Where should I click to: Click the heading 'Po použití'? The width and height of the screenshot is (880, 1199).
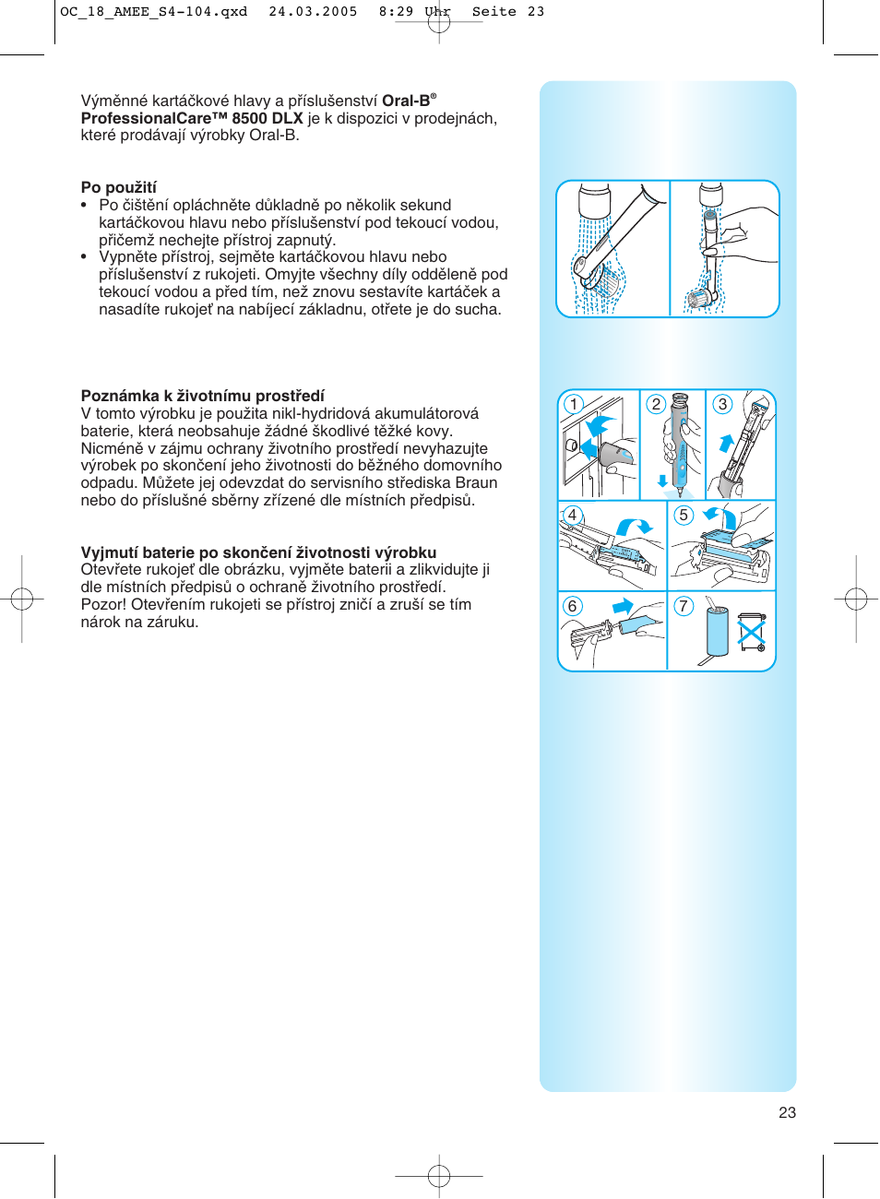tap(119, 187)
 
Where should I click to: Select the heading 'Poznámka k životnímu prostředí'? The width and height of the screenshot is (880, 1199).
tap(203, 396)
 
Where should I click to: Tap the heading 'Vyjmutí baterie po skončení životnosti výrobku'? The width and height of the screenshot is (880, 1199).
tap(258, 552)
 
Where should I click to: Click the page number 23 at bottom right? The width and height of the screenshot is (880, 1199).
tap(787, 1112)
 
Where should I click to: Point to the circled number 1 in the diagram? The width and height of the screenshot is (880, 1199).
tap(574, 404)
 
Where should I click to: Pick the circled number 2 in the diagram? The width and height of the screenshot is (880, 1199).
tap(656, 404)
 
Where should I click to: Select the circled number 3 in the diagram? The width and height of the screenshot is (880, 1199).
tap(723, 404)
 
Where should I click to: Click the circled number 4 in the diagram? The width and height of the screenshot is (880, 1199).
tap(572, 515)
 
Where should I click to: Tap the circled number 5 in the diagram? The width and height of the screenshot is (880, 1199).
tap(684, 515)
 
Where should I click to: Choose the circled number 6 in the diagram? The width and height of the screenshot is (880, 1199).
tap(572, 606)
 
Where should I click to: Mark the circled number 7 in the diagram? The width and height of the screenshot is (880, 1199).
tap(684, 606)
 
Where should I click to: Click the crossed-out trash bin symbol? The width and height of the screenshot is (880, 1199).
tap(752, 633)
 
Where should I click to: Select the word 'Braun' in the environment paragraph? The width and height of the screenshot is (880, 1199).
tap(477, 482)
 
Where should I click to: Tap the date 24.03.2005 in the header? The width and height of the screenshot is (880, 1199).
tap(313, 12)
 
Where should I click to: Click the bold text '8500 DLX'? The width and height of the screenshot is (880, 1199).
tap(268, 118)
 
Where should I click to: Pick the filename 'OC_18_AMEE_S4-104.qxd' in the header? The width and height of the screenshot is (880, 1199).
tap(153, 12)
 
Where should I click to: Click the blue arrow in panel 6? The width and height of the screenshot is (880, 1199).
tap(624, 606)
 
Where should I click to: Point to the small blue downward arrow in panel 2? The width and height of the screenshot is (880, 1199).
tap(662, 481)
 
